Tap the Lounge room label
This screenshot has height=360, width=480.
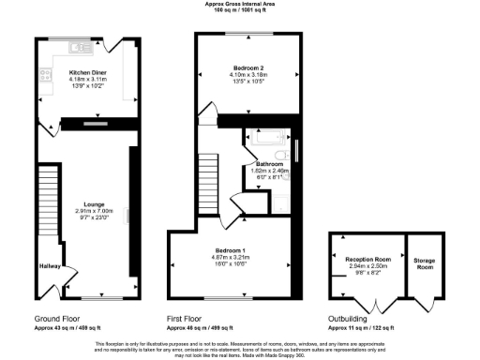[93, 203]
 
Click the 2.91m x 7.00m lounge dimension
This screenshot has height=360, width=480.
[93, 211]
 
